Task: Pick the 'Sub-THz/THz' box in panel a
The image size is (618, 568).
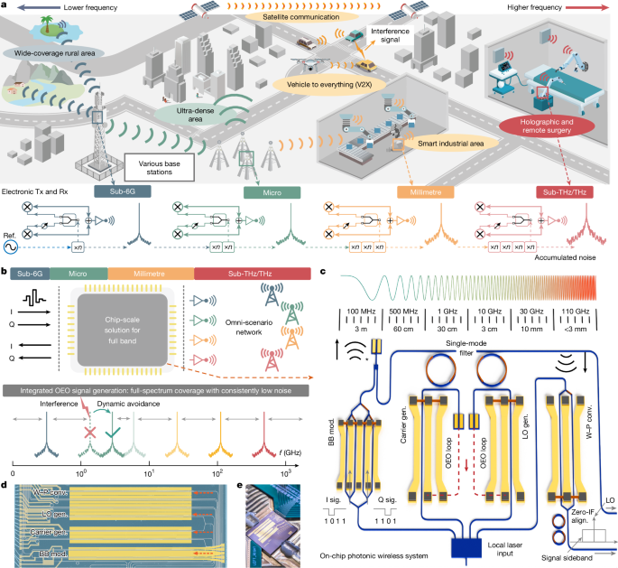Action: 566,191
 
